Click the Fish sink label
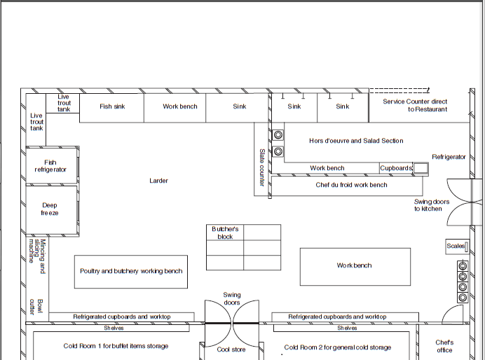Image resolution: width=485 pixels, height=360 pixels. click(112, 106)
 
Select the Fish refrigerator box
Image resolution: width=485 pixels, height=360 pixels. click(51, 165)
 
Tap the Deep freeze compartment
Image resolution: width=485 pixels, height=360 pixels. click(51, 209)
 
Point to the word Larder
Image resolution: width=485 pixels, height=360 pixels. click(158, 181)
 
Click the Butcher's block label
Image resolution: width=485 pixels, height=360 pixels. click(225, 233)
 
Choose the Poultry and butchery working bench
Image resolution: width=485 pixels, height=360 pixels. click(131, 272)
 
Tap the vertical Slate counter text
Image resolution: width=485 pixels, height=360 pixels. click(262, 167)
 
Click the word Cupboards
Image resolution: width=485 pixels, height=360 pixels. click(396, 168)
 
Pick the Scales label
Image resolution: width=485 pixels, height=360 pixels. click(456, 246)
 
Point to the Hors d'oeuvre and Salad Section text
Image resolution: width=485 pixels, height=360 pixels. click(356, 141)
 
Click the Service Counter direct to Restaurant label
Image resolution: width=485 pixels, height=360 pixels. click(415, 105)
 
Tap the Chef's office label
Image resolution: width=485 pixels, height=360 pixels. click(444, 347)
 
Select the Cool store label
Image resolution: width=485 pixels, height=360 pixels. click(231, 349)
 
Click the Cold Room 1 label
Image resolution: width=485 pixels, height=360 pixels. click(116, 346)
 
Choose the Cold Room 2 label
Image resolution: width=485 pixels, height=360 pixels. click(337, 347)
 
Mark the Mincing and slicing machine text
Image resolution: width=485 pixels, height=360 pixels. click(37, 256)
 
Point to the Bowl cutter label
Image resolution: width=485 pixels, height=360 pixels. click(36, 307)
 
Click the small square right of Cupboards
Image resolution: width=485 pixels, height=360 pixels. click(421, 168)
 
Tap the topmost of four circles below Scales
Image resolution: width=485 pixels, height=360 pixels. click(463, 266)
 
